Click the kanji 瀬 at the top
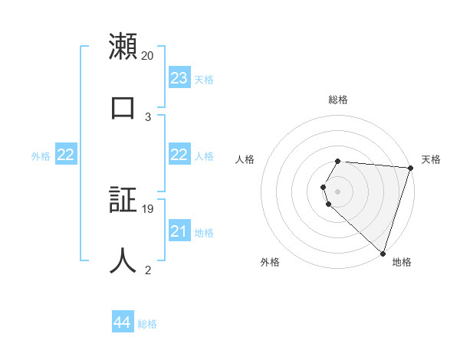(123, 47)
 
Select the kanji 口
(123, 106)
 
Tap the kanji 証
(123, 199)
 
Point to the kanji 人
(123, 260)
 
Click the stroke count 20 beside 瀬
(148, 56)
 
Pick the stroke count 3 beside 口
(148, 116)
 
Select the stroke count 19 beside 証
(148, 209)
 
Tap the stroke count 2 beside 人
(148, 270)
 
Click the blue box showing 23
(179, 78)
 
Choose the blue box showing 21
(179, 231)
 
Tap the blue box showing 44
(122, 323)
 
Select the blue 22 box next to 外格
(65, 155)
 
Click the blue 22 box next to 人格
(179, 155)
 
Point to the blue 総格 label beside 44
(147, 324)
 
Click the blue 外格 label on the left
(41, 156)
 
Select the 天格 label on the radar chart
(431, 159)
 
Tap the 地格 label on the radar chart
(402, 262)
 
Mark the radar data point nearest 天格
(410, 168)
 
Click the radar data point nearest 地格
(383, 253)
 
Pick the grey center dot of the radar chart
(337, 191)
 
